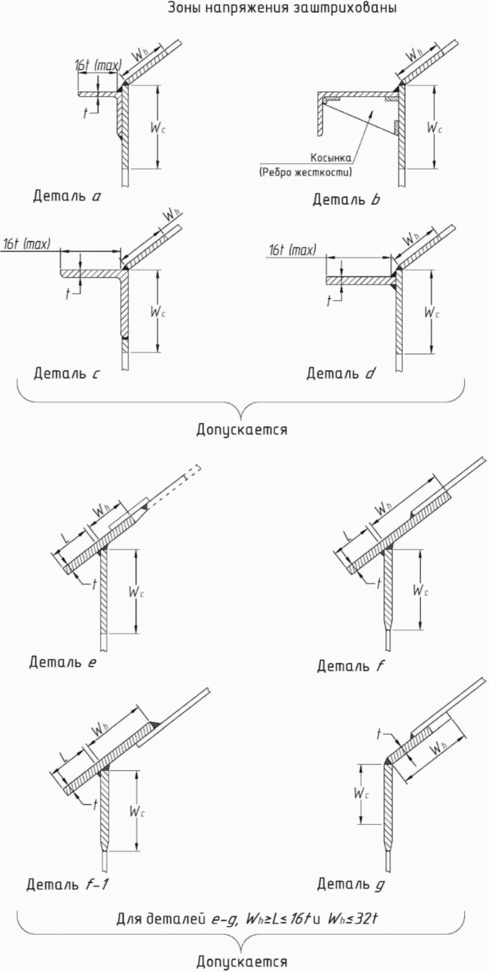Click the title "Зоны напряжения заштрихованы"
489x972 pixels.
point(282,8)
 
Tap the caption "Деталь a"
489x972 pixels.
point(67,196)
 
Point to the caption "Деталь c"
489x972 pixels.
point(67,373)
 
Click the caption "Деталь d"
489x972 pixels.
point(341,373)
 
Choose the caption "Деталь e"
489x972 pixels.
point(63,662)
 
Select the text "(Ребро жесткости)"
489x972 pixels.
point(305,172)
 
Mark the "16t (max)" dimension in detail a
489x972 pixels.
point(98,66)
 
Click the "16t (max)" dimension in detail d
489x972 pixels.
point(293,250)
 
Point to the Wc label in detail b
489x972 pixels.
point(434,128)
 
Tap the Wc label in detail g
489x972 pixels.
point(361,793)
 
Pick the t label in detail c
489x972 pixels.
point(67,295)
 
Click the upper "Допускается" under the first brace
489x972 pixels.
point(242,430)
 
